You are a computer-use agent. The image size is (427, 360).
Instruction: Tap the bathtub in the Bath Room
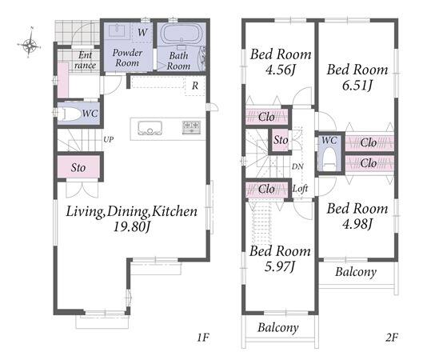(182, 34)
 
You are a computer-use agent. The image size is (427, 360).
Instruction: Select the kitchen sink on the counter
(150, 128)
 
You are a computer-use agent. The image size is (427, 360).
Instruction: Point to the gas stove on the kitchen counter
(191, 127)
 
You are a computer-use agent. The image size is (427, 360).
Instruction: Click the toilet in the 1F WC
(68, 114)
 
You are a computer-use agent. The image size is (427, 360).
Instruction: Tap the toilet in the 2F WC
(329, 159)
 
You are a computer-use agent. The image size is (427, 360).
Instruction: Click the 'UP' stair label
(109, 140)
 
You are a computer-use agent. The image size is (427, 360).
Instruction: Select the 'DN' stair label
(297, 166)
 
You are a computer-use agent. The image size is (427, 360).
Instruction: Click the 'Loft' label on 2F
(300, 188)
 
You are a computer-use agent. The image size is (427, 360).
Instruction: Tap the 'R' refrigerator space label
(195, 86)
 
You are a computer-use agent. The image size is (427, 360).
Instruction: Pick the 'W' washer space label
(142, 33)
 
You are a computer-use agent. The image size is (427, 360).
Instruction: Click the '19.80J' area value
(132, 226)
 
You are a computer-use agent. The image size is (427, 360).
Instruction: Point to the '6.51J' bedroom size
(357, 86)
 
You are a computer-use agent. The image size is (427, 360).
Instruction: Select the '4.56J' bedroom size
(281, 70)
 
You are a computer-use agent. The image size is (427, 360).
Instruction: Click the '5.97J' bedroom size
(280, 266)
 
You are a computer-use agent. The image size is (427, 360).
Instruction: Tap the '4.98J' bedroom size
(357, 224)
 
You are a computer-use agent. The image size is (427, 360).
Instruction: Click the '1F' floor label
(203, 338)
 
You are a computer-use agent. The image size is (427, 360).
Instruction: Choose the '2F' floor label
(391, 338)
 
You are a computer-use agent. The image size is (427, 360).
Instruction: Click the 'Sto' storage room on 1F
(78, 167)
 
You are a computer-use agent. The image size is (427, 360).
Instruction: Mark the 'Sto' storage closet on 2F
(281, 140)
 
